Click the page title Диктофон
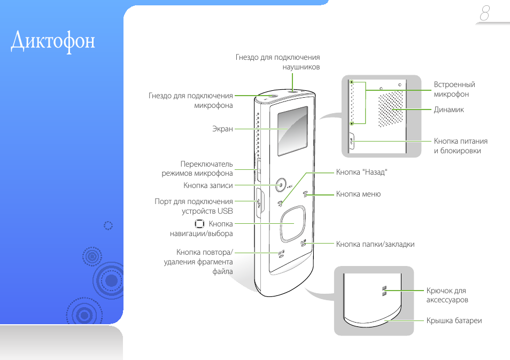53,41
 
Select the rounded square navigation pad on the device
292,223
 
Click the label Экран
223,129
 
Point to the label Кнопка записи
208,185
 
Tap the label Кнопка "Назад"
361,172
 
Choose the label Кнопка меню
358,194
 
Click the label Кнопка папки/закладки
375,244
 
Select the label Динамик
449,109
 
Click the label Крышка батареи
454,320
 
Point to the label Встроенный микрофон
454,89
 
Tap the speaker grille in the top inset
391,110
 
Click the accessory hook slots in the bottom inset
384,291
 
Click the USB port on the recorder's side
259,203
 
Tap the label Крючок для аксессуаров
447,295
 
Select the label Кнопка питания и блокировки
461,146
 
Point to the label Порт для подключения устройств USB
194,206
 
